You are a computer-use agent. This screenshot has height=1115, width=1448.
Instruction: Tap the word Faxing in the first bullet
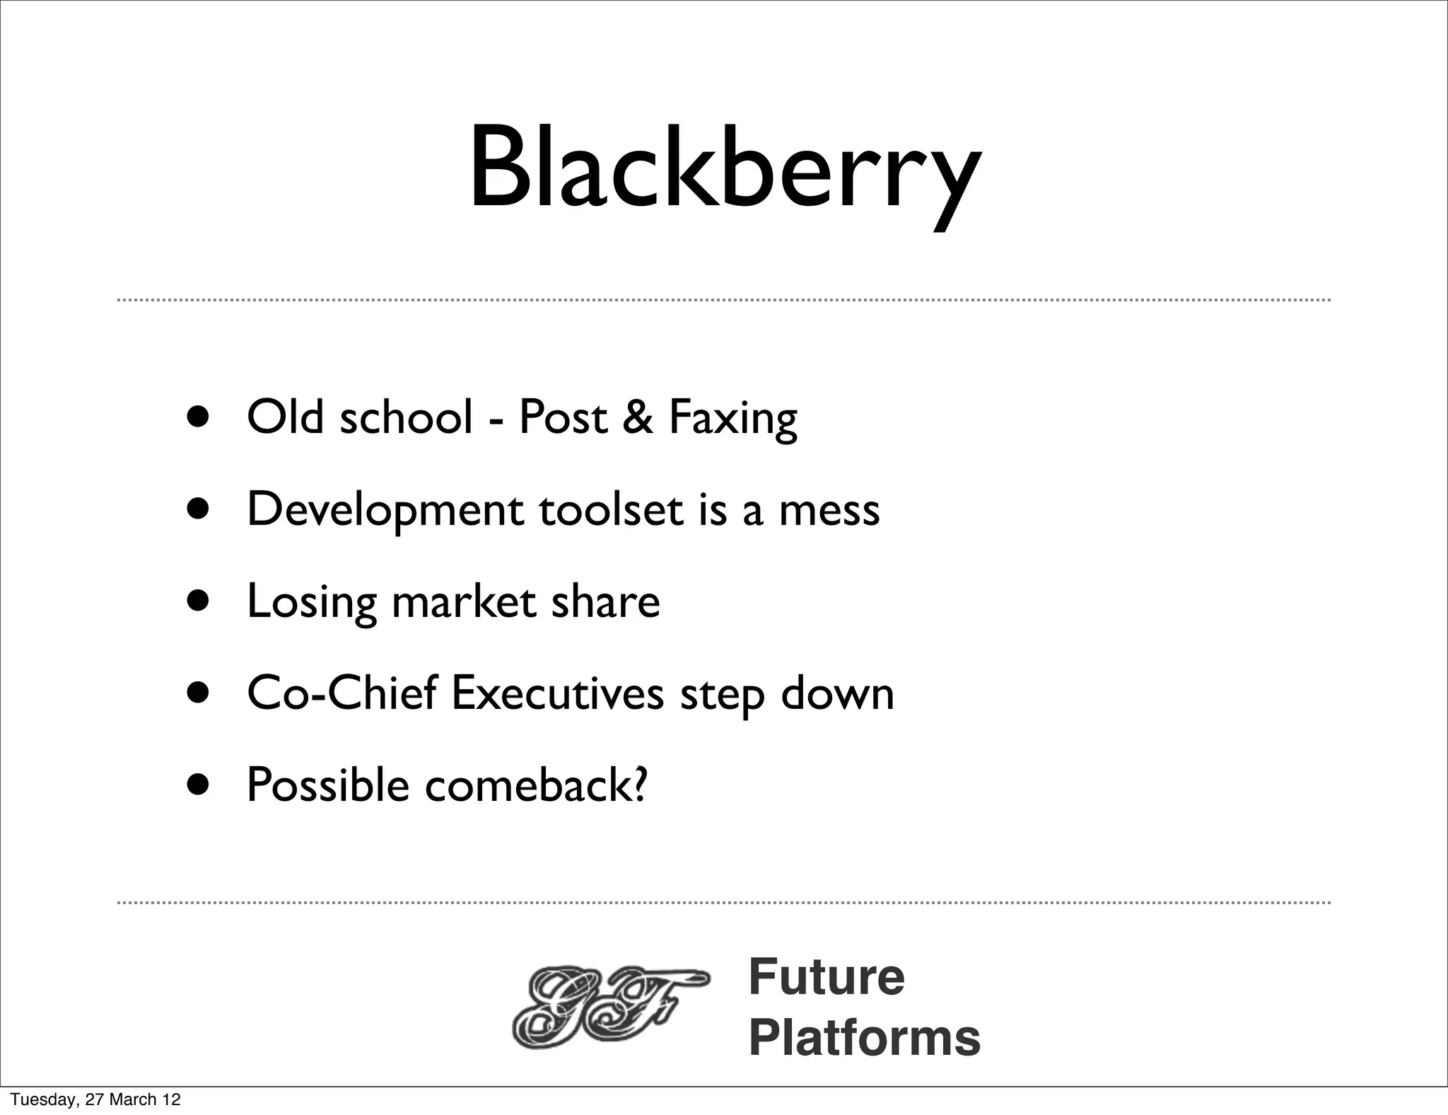pos(732,417)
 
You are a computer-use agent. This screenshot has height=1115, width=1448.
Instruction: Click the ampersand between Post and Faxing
pos(638,417)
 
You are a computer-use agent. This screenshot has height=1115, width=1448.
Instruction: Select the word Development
pos(385,511)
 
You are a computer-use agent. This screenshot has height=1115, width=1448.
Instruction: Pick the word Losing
pos(311,603)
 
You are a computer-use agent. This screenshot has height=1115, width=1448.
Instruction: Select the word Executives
pos(557,693)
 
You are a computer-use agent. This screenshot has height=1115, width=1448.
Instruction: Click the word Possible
pos(328,785)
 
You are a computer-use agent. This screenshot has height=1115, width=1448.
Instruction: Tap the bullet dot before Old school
pos(199,417)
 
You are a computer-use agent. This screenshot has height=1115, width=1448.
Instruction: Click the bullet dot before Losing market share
pos(199,601)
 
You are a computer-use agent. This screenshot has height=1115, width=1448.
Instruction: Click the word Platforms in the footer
pos(864,1037)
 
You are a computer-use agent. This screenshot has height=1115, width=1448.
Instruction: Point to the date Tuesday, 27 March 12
pos(95,1099)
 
